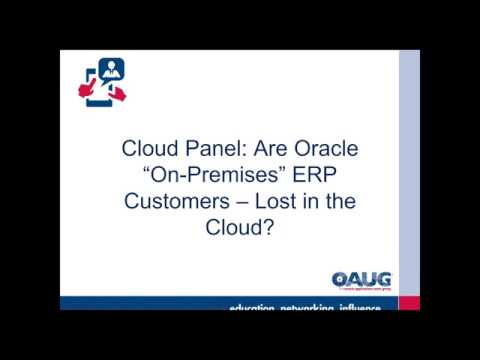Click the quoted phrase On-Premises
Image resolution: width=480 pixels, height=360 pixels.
(215, 176)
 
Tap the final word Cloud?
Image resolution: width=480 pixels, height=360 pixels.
(239, 226)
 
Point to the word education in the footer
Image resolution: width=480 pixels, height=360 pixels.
(255, 307)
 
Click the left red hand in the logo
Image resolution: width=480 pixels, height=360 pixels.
(85, 93)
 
